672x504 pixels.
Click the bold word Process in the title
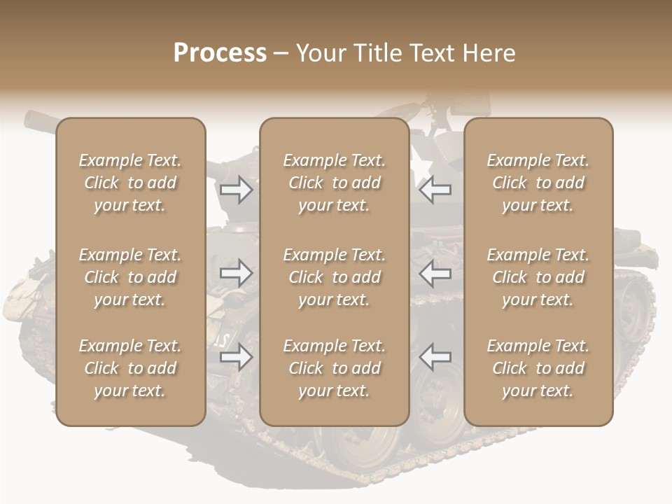coord(220,53)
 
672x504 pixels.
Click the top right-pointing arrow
coord(237,190)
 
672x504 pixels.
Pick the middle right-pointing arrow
coord(237,273)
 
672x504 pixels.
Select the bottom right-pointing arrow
coord(237,357)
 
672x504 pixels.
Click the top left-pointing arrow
coord(435,190)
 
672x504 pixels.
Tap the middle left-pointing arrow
coord(435,273)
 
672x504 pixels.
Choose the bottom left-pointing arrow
coord(435,357)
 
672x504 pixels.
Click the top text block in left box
coord(130,183)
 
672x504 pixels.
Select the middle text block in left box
coord(130,277)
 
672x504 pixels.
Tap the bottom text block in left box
coord(130,368)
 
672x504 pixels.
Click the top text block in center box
coord(334,183)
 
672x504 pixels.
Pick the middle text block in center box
coord(334,277)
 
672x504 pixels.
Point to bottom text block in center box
coord(334,368)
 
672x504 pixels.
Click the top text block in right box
coord(538,183)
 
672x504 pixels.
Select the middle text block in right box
coord(538,277)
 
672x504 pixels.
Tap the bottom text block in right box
coord(538,368)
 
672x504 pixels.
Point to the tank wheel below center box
coord(364,448)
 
